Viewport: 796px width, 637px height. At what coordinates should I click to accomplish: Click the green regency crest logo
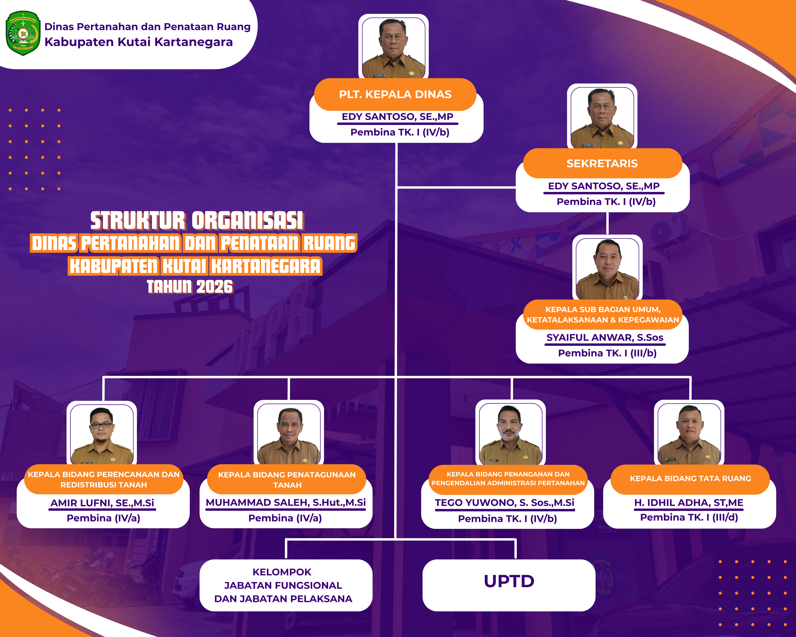[23, 33]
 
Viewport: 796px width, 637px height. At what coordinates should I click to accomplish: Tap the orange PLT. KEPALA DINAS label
[395, 95]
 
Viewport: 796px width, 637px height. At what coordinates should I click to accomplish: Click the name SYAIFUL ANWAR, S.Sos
[605, 337]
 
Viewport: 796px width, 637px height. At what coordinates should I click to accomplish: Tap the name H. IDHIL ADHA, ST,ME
[689, 503]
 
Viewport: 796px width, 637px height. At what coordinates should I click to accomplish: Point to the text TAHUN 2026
[190, 287]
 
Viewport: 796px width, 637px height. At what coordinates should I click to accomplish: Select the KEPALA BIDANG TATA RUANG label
[690, 479]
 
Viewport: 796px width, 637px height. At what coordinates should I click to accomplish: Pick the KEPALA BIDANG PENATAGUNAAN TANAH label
[287, 480]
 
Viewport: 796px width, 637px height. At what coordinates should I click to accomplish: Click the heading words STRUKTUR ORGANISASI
[197, 221]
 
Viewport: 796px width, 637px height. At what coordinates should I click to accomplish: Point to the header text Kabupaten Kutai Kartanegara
[139, 42]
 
